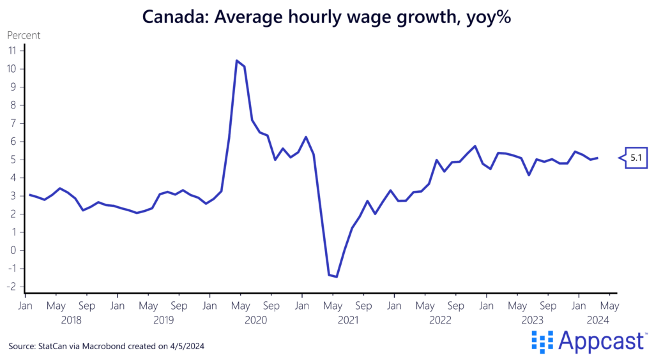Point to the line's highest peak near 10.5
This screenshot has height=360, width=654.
click(237, 61)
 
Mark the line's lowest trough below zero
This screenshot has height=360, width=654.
click(336, 276)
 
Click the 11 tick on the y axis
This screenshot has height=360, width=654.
click(12, 50)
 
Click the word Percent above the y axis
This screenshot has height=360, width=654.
click(24, 36)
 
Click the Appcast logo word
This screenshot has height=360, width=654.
click(600, 342)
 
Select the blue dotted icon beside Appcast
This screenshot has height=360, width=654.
click(542, 342)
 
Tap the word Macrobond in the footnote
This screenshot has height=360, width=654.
click(105, 346)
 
